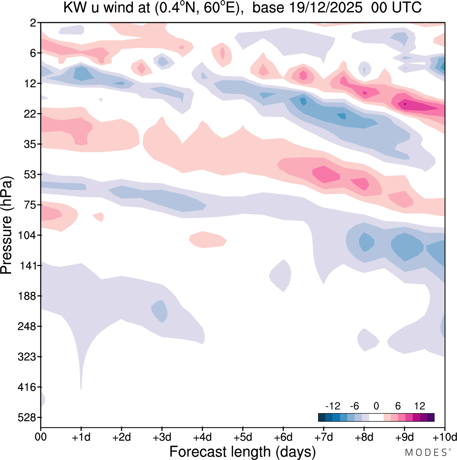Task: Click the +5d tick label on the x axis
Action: click(x=243, y=437)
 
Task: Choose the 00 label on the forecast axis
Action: click(x=41, y=437)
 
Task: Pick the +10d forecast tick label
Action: click(x=445, y=437)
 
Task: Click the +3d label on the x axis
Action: click(x=162, y=437)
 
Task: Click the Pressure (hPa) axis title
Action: click(x=6, y=225)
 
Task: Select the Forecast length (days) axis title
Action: click(x=242, y=452)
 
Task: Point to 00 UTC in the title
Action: click(x=396, y=8)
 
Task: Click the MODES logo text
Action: click(x=426, y=452)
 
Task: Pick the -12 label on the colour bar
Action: click(x=333, y=406)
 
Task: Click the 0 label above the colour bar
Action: click(x=376, y=406)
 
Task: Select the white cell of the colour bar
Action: click(x=376, y=417)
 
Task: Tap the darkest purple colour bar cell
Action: click(x=431, y=417)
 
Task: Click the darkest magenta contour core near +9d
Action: click(x=405, y=104)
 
